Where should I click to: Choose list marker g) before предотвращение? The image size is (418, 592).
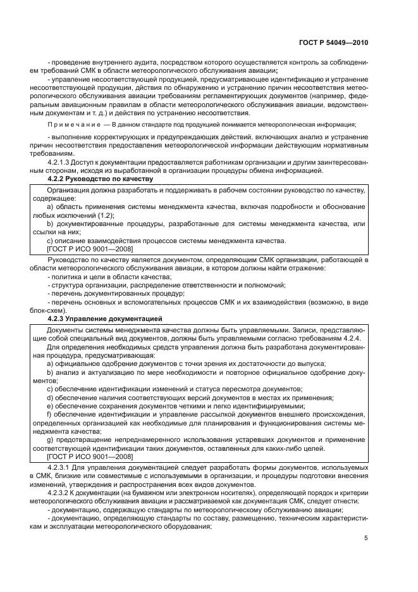tap(51, 439)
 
